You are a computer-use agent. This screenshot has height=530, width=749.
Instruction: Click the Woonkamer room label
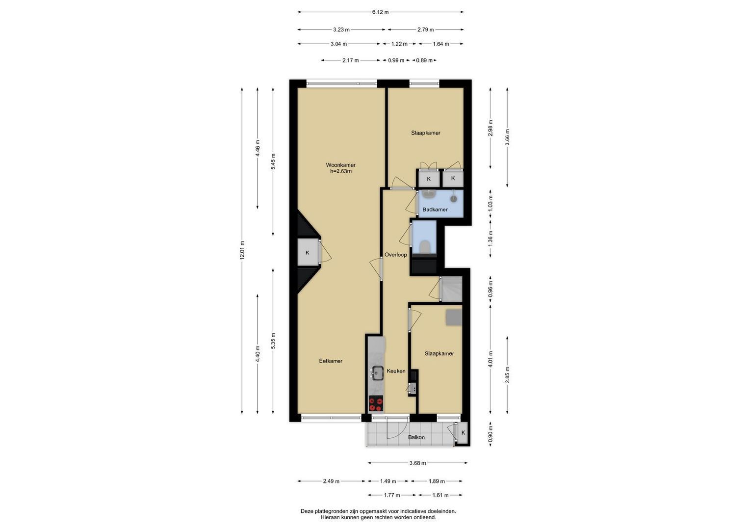pyautogui.click(x=340, y=165)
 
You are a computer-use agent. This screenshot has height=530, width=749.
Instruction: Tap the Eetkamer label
pyautogui.click(x=331, y=361)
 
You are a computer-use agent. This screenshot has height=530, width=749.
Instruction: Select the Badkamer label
pyautogui.click(x=435, y=210)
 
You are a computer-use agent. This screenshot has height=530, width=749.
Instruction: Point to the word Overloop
pyautogui.click(x=395, y=255)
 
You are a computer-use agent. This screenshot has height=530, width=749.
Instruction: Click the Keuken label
pyautogui.click(x=396, y=371)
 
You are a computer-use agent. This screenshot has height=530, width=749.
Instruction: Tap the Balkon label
pyautogui.click(x=416, y=437)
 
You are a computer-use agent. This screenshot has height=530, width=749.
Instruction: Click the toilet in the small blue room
pyautogui.click(x=425, y=247)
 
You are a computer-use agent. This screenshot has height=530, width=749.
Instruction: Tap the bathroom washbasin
pyautogui.click(x=428, y=194)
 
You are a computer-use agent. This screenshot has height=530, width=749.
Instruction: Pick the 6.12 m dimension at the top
pyautogui.click(x=381, y=12)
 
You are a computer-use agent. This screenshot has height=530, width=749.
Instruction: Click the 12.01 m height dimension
pyautogui.click(x=242, y=250)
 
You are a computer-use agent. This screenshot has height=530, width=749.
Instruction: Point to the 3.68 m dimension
pyautogui.click(x=417, y=463)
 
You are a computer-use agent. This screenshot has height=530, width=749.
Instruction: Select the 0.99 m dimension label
pyautogui.click(x=396, y=60)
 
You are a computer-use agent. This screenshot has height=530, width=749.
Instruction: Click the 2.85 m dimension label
pyautogui.click(x=507, y=375)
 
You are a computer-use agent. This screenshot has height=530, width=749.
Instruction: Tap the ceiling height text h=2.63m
pyautogui.click(x=341, y=171)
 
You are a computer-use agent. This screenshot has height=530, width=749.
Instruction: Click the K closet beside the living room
pyautogui.click(x=307, y=253)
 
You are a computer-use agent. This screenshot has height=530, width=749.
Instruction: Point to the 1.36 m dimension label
pyautogui.click(x=491, y=238)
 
